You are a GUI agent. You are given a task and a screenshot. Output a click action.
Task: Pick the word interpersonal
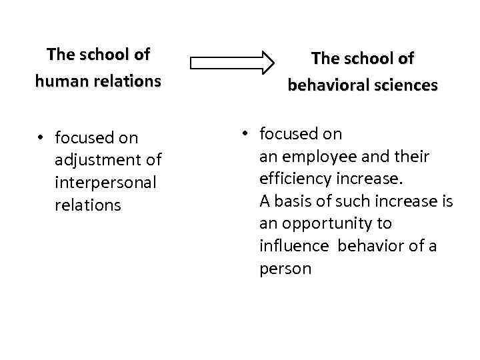(x=105, y=183)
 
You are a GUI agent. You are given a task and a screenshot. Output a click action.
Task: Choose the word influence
(x=294, y=246)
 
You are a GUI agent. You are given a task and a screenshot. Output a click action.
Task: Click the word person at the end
(x=285, y=269)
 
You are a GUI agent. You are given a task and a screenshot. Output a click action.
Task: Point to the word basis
(x=291, y=201)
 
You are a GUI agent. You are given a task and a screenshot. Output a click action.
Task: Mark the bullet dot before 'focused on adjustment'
(x=41, y=138)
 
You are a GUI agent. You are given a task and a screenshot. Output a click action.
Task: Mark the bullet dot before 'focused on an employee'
(x=245, y=134)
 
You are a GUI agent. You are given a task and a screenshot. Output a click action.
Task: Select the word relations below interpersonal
(x=87, y=205)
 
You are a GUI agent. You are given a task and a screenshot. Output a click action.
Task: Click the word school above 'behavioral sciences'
(x=365, y=59)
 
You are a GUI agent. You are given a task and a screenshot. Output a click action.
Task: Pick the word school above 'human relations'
(x=102, y=53)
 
